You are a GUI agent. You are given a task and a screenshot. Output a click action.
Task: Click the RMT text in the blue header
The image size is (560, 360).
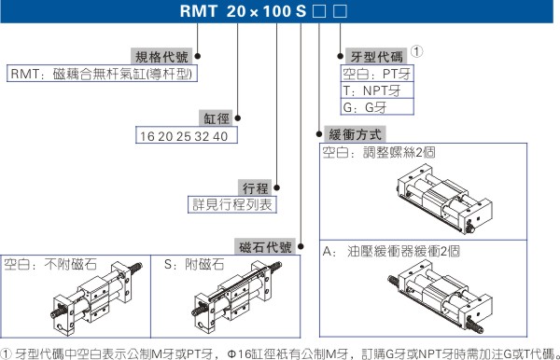pyautogui.click(x=198, y=11)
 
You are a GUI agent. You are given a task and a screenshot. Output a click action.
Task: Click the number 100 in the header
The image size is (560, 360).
pyautogui.click(x=277, y=11)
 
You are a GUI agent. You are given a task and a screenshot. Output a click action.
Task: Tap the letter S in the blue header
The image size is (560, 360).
pyautogui.click(x=301, y=11)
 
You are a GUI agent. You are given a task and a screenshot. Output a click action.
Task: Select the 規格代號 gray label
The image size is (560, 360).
pyautogui.click(x=161, y=56)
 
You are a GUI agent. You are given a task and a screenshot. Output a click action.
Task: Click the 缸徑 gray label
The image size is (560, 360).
pyautogui.click(x=217, y=118)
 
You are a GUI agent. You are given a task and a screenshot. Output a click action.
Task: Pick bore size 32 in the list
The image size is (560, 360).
pyautogui.click(x=202, y=136)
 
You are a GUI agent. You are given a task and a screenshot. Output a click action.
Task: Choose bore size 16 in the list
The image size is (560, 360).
pyautogui.click(x=147, y=136)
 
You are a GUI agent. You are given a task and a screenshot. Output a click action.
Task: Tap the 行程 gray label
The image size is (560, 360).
pyautogui.click(x=255, y=187)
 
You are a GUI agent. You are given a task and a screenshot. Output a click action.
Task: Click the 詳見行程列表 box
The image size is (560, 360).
pyautogui.click(x=232, y=204)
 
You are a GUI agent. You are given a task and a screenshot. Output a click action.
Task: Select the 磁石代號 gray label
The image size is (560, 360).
pyautogui.click(x=265, y=246)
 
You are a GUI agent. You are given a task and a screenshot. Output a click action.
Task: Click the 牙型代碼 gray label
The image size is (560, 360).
pyautogui.click(x=376, y=56)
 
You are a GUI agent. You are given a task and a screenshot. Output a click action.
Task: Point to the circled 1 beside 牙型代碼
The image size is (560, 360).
pyautogui.click(x=417, y=51)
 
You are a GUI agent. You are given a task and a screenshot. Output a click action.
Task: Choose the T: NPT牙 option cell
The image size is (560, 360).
pyautogui.click(x=377, y=90)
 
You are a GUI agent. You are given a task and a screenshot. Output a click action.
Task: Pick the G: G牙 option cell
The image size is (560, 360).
pyautogui.click(x=377, y=106)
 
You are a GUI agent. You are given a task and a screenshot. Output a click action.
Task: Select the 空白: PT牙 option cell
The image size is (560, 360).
pyautogui.click(x=377, y=74)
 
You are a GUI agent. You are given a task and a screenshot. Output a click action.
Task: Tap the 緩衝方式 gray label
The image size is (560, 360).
pyautogui.click(x=355, y=134)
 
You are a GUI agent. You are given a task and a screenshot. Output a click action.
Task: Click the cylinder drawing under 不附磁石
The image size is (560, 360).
pyautogui.click(x=96, y=298)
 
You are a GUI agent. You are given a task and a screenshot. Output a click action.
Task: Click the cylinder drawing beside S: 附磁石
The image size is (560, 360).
pyautogui.click(x=237, y=298)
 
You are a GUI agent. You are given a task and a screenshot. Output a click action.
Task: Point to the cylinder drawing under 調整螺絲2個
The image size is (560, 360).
pyautogui.click(x=444, y=199)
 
